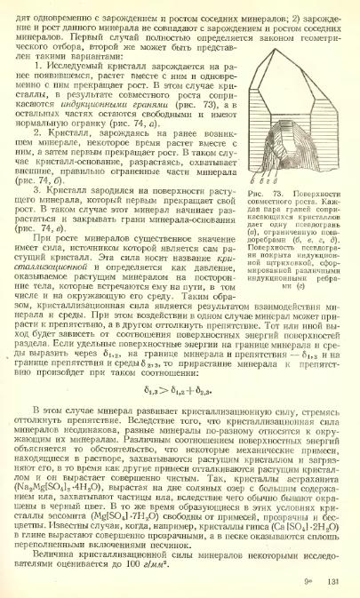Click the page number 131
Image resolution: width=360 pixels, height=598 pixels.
[x=333, y=582]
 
